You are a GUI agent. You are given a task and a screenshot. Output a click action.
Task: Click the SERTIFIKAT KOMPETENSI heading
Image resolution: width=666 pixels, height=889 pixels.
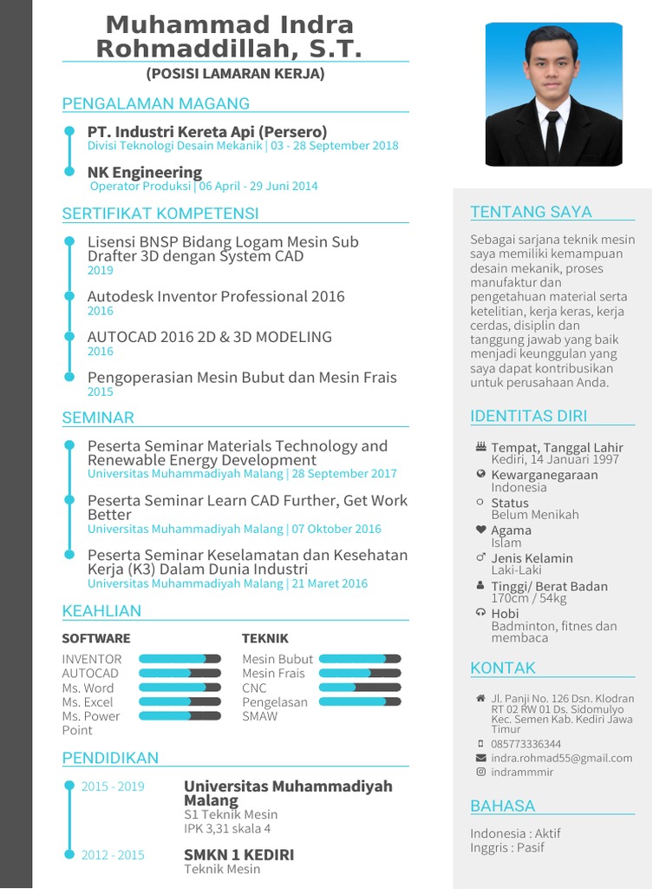pos(160,214)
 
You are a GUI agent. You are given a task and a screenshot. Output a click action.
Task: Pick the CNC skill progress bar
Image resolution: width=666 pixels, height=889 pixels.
pos(360,688)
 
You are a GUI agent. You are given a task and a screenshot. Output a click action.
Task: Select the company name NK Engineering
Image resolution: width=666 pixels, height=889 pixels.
pos(145,172)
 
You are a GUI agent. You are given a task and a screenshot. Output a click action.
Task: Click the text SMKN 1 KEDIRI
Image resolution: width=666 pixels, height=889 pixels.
pos(238,854)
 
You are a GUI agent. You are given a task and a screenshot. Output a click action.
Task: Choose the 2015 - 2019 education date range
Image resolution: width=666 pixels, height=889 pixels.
pos(113,787)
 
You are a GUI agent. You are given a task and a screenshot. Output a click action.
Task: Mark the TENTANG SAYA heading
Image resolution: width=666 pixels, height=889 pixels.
pos(531,212)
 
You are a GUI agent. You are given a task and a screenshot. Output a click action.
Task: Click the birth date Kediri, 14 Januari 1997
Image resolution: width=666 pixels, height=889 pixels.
pos(555,459)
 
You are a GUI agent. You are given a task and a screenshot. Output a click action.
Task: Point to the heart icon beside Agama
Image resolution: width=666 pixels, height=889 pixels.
pos(480,530)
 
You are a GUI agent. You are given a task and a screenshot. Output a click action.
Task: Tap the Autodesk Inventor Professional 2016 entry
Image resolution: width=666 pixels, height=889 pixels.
pos(216,296)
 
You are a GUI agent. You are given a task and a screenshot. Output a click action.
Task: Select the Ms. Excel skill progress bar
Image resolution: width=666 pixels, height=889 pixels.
pos(180,701)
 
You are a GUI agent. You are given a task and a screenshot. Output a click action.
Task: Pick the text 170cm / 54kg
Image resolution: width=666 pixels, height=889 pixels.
pos(529,598)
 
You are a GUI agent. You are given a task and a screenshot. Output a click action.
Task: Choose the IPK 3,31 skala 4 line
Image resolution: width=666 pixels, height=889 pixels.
pos(227,828)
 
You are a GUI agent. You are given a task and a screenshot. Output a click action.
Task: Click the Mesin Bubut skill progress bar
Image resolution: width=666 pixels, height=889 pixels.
pos(360,659)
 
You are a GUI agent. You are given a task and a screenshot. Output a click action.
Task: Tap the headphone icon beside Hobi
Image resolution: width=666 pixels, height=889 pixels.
pos(480,613)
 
